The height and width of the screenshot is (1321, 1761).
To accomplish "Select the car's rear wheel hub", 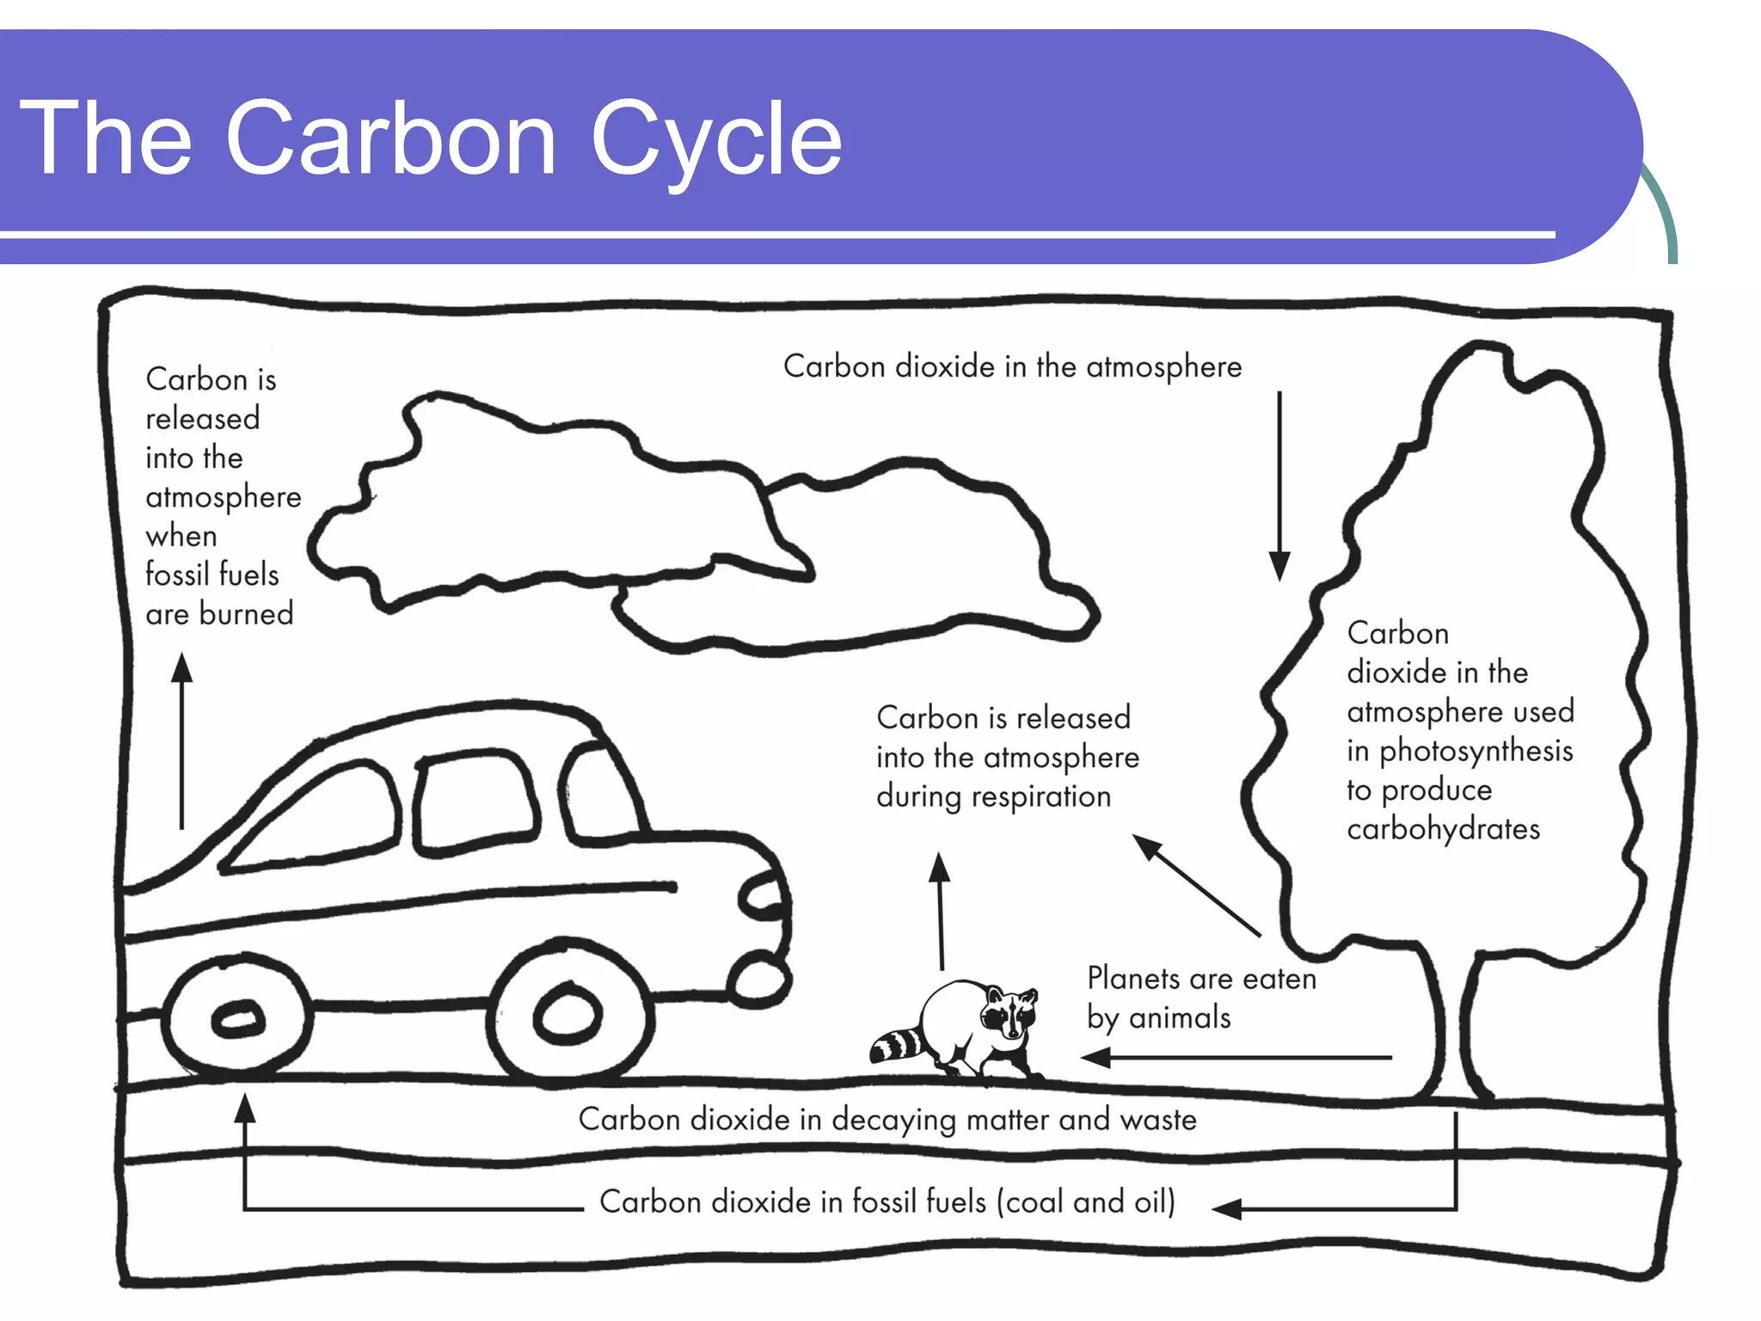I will coord(237,1019).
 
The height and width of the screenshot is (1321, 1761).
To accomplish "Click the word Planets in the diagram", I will coord(1133,979).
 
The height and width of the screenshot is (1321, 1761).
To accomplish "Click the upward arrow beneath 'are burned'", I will coord(181,740).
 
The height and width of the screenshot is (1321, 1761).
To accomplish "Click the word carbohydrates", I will coord(1443,829).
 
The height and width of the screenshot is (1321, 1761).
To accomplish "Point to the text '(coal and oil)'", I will coord(1085,1201).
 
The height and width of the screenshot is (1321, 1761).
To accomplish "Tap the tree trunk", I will coord(1453,1023).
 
